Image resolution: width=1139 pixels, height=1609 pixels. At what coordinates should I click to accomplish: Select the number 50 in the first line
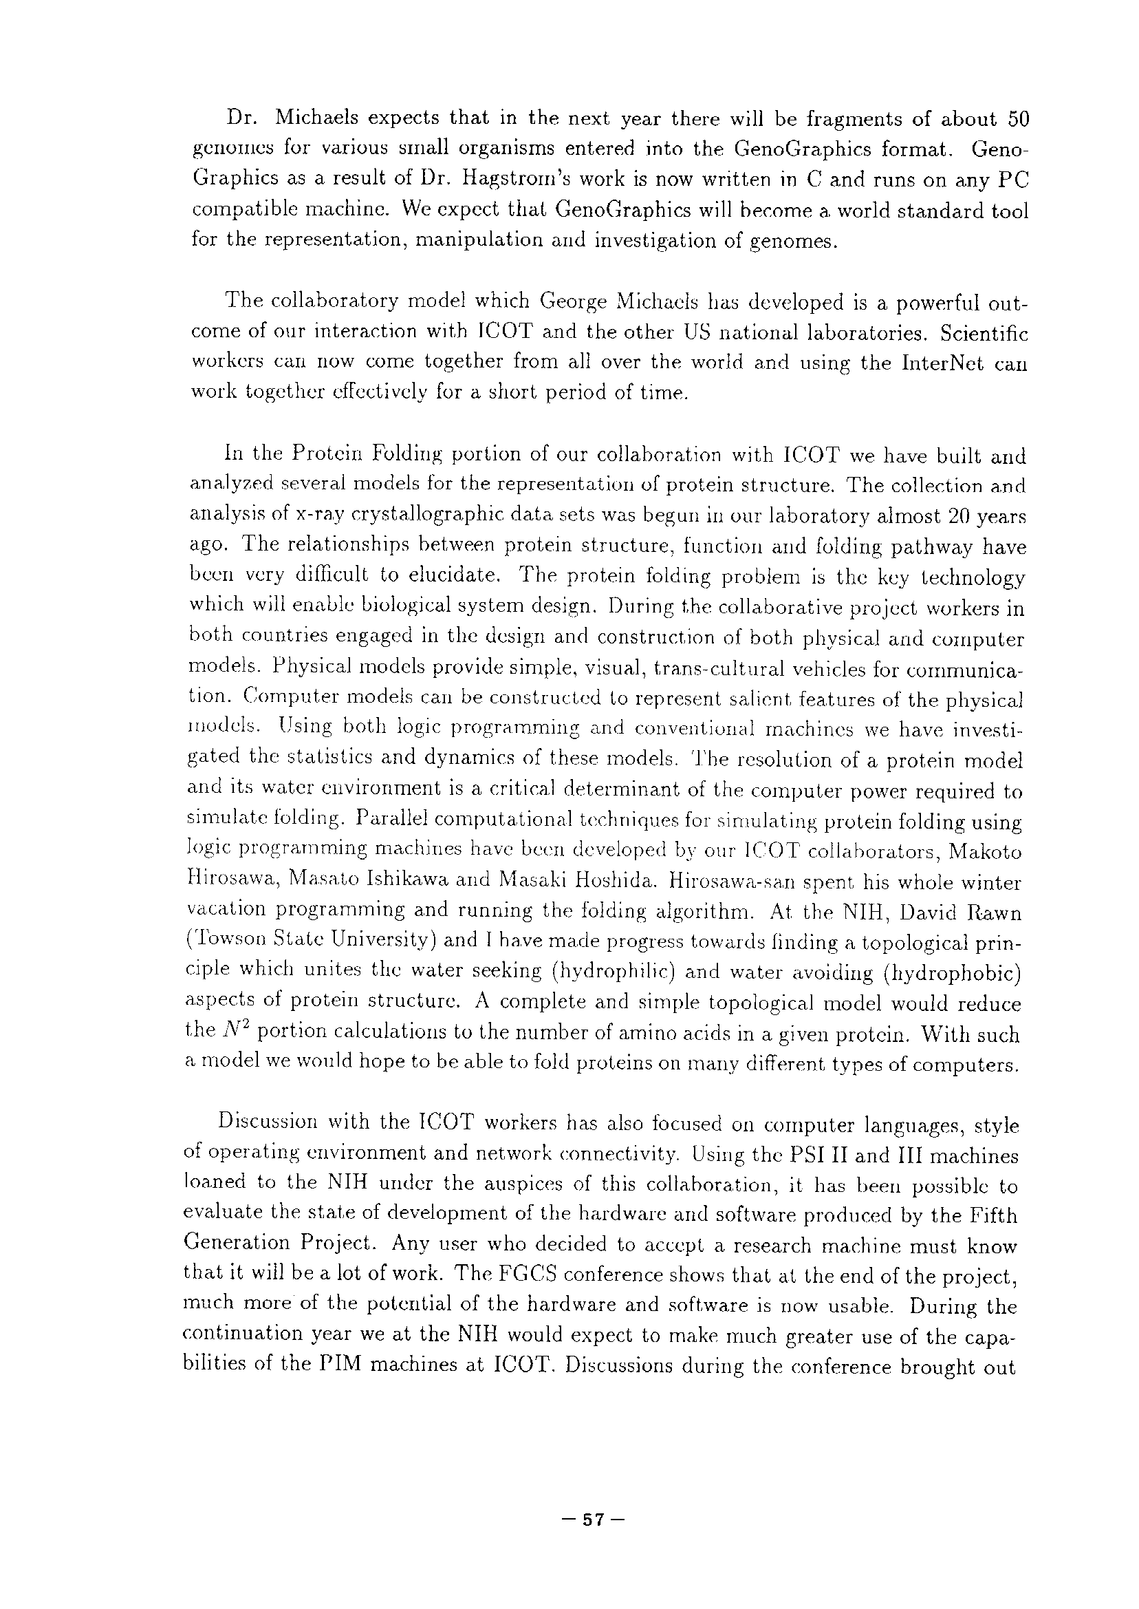point(1018,119)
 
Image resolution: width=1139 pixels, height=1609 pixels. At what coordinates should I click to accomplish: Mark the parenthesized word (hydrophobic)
point(950,972)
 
